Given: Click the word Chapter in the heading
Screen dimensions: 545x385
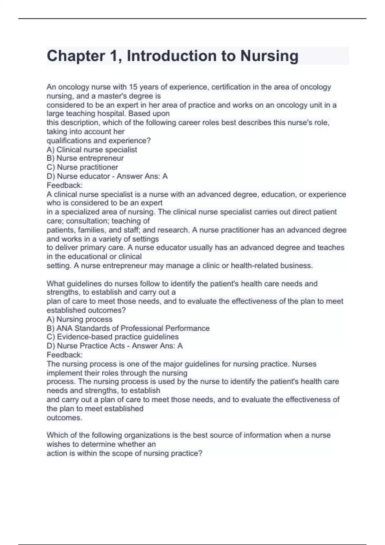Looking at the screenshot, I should pos(76,56).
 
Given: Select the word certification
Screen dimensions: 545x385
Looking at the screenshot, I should pos(228,87).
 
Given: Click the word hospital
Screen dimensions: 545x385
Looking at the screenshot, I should pos(111,114).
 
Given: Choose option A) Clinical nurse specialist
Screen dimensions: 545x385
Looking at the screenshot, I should pos(92,150).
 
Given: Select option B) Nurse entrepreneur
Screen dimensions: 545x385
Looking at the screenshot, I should pos(85,158).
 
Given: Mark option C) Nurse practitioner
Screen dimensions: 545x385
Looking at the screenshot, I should pos(82,167).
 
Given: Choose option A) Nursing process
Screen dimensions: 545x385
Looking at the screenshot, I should pos(80,319).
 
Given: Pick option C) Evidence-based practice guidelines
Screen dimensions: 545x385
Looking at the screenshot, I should pos(113,337).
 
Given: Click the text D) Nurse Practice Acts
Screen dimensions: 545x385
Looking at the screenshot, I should pos(86,346).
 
